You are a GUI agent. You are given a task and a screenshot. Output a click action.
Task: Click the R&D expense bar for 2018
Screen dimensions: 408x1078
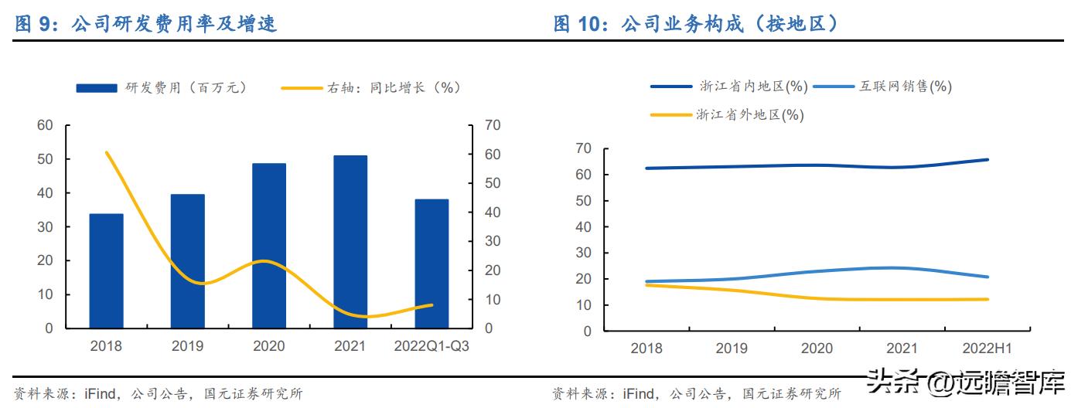coord(106,270)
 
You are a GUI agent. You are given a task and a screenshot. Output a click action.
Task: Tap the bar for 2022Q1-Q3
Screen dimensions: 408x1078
coord(432,263)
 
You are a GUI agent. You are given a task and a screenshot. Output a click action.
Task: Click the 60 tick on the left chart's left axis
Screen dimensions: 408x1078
coord(46,125)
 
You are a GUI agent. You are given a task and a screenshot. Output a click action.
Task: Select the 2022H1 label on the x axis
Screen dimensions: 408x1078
coord(981,348)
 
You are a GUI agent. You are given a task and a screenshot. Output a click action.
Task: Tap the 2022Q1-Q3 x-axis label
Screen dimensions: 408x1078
coord(432,346)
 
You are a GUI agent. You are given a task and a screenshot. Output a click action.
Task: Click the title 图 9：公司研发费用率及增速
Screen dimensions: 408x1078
coord(146,24)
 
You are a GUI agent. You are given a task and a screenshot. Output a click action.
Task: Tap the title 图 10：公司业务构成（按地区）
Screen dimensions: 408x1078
coord(696,24)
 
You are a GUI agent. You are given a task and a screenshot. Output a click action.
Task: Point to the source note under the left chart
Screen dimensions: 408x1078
coord(159,394)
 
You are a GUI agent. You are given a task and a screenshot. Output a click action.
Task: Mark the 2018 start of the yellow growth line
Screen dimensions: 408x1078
coord(107,153)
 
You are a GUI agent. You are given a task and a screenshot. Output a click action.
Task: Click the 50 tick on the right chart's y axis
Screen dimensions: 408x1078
coord(584,201)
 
